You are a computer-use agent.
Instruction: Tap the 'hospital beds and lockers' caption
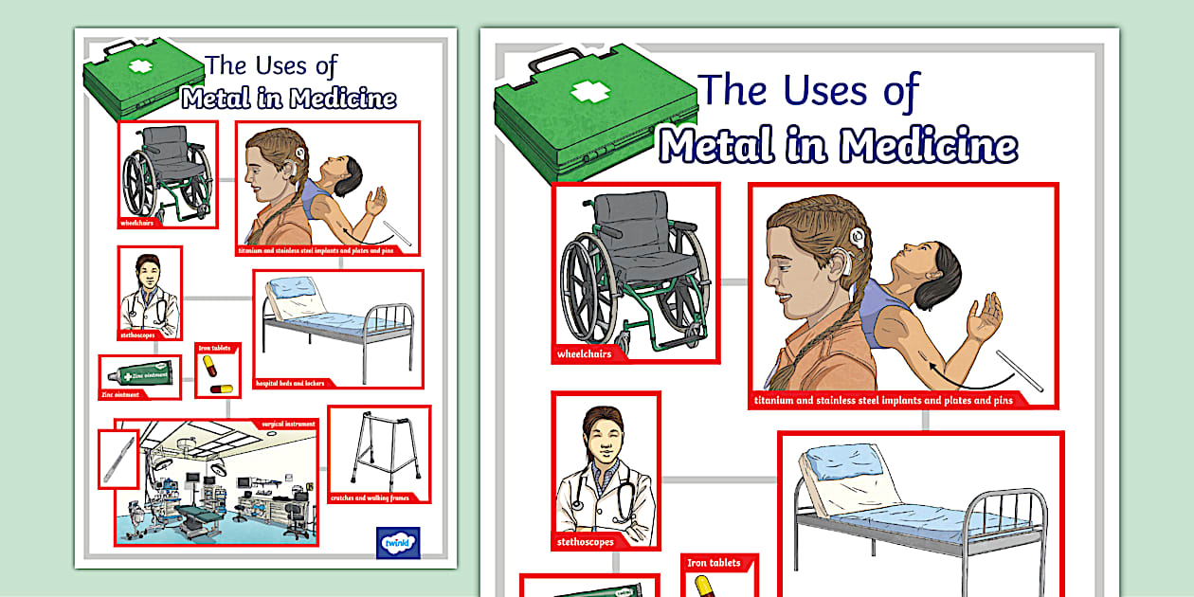[290, 384]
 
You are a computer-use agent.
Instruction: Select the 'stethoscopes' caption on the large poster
[586, 542]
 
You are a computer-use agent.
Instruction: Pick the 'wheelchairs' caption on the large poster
[585, 353]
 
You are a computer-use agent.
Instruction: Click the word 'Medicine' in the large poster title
[928, 147]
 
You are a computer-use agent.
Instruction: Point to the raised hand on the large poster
[982, 317]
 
